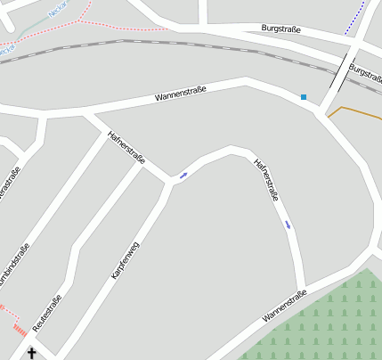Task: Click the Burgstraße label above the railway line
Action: [280, 29]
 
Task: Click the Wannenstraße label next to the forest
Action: [285, 306]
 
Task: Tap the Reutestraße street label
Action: [47, 313]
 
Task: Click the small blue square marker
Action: [304, 96]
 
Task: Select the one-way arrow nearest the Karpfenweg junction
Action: [183, 175]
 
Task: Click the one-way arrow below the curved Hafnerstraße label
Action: [288, 224]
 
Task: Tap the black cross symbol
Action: [32, 353]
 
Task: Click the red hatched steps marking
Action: [20, 330]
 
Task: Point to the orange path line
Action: [352, 110]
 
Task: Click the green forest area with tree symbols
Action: [329, 321]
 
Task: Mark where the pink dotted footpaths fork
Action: [80, 19]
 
